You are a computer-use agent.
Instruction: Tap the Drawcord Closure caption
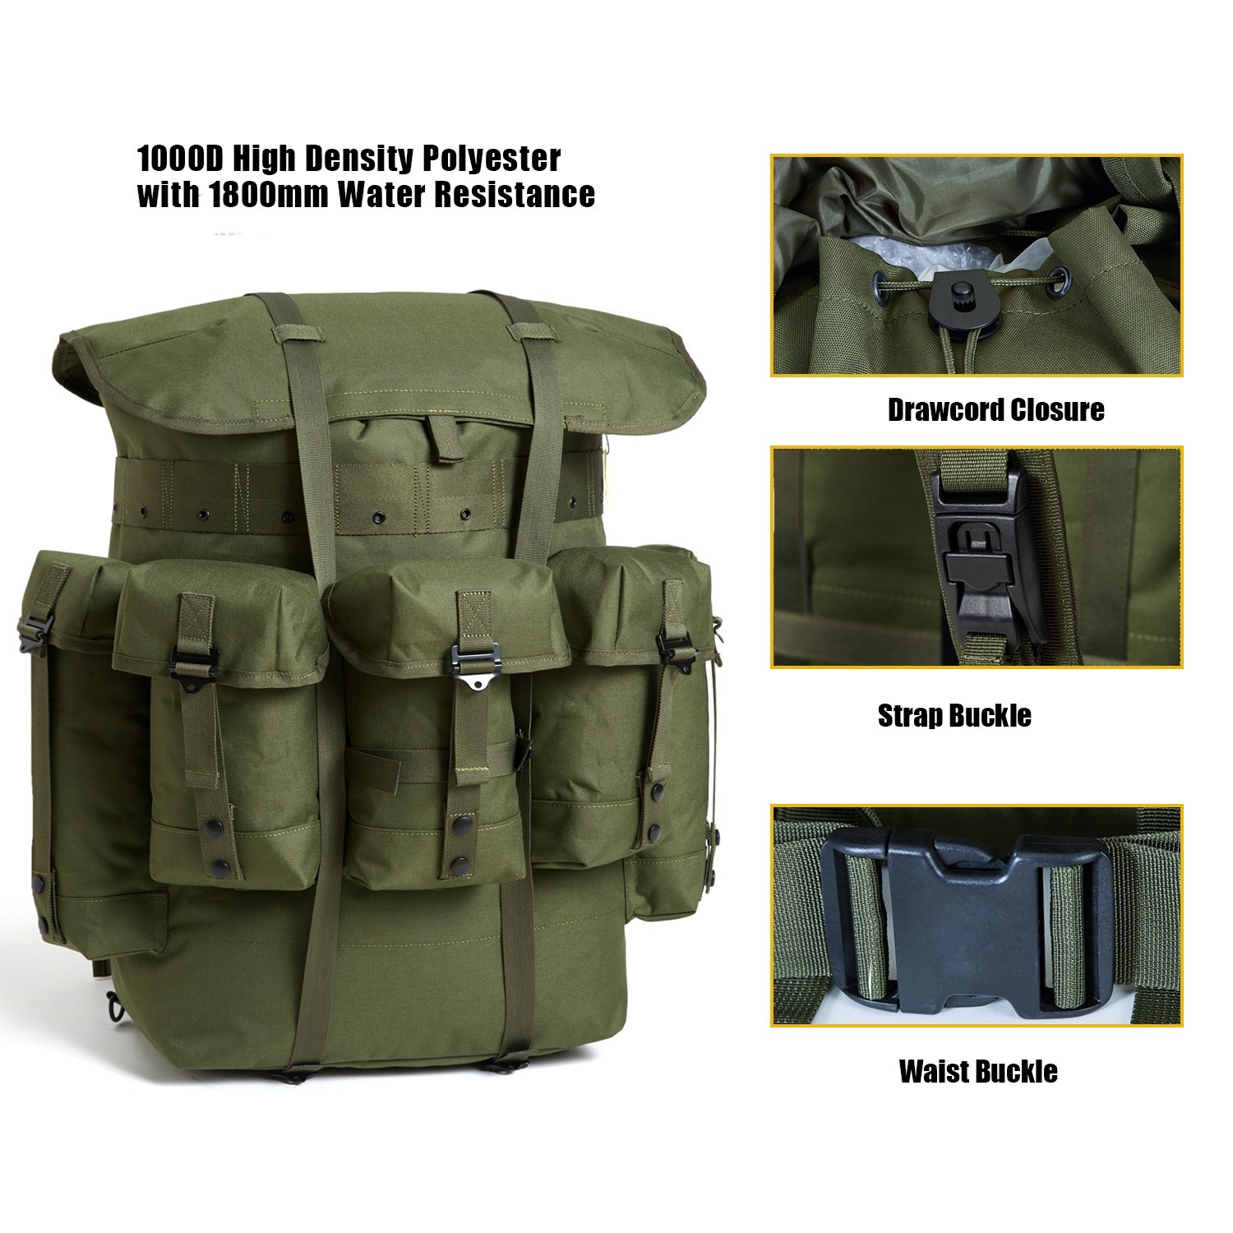pos(995,409)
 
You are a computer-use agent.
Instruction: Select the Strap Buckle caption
pos(954,715)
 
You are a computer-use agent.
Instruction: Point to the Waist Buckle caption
pos(978,1071)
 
